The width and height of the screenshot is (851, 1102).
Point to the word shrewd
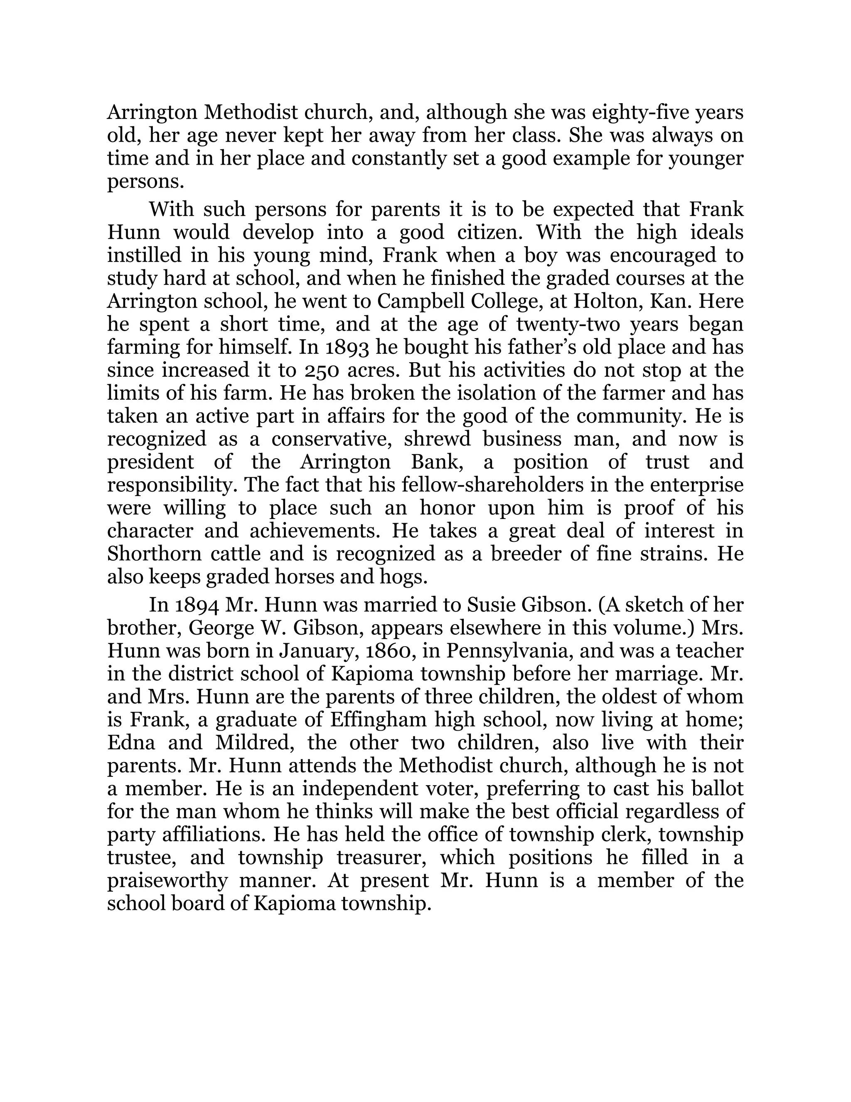437,440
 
